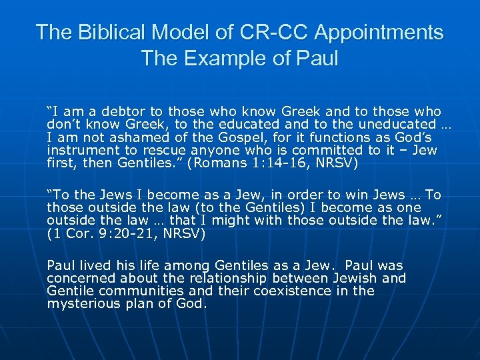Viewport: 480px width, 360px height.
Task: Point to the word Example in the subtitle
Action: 222,59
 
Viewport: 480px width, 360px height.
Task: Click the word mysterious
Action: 83,304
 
